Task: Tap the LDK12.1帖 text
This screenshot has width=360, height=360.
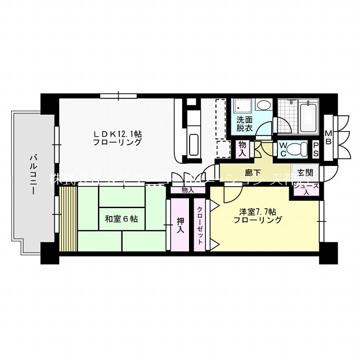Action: coord(118,138)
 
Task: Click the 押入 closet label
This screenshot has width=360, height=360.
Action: coord(180,225)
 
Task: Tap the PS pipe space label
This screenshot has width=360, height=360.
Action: coord(316,148)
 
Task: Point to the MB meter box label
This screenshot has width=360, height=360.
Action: coord(329,135)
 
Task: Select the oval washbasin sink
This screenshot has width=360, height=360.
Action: coord(263,106)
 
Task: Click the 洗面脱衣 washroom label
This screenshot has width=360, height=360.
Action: coord(244,124)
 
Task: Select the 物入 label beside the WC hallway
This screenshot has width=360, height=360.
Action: coord(243,148)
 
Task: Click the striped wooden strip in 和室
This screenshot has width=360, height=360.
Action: coord(67,219)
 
